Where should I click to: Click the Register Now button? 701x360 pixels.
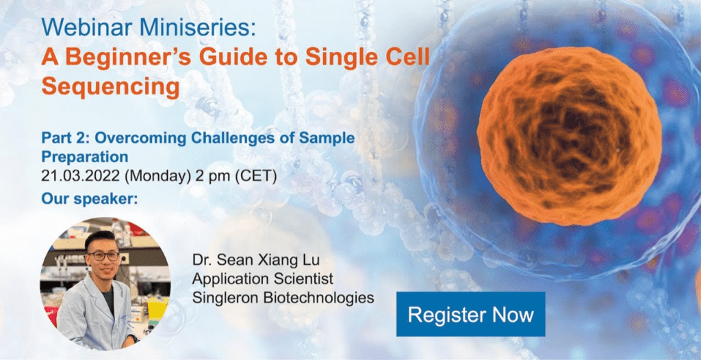click(x=471, y=314)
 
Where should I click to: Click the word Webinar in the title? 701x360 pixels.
click(x=87, y=28)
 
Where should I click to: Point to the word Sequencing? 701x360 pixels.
click(x=110, y=87)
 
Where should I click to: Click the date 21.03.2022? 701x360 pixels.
click(x=81, y=176)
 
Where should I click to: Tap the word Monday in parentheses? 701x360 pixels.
click(x=158, y=176)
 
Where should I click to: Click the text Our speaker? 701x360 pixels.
click(x=90, y=198)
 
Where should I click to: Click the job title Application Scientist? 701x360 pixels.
click(x=262, y=279)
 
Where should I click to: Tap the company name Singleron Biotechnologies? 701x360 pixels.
click(x=283, y=298)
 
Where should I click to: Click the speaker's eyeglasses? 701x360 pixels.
click(x=104, y=256)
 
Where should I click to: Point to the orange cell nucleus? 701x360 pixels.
click(x=569, y=136)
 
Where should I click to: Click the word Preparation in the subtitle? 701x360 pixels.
click(x=84, y=157)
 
